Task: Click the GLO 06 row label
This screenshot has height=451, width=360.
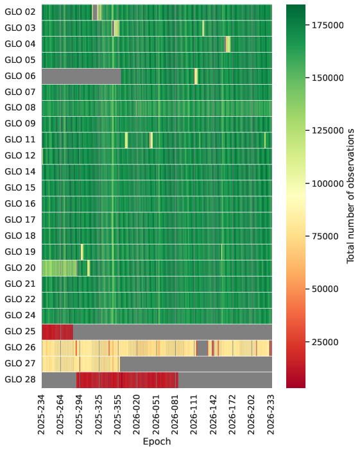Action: [20, 76]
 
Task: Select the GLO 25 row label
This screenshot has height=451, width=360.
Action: [20, 331]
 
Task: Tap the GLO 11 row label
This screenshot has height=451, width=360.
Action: [20, 139]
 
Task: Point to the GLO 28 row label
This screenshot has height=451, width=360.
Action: [20, 379]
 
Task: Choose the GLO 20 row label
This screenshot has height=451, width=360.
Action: [20, 268]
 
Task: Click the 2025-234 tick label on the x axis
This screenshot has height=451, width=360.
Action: [42, 415]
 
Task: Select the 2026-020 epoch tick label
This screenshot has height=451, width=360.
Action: [137, 415]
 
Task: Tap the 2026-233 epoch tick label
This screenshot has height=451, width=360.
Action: [271, 415]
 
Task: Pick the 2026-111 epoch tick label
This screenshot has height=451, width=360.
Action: [194, 415]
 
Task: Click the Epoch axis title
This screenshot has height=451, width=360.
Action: [157, 441]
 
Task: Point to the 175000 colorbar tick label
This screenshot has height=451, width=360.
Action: [328, 25]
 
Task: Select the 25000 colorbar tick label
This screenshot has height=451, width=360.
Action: [325, 342]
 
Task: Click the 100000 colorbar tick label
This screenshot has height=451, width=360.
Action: [328, 183]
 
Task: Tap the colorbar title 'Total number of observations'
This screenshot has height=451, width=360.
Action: [350, 196]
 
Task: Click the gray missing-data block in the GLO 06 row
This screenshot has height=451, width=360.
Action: [81, 76]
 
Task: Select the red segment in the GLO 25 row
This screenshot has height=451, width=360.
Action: [58, 332]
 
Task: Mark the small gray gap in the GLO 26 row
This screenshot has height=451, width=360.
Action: [202, 348]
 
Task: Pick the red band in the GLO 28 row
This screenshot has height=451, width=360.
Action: [127, 380]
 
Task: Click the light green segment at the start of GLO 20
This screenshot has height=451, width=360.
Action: [59, 268]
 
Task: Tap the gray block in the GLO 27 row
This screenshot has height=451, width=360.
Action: [196, 364]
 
